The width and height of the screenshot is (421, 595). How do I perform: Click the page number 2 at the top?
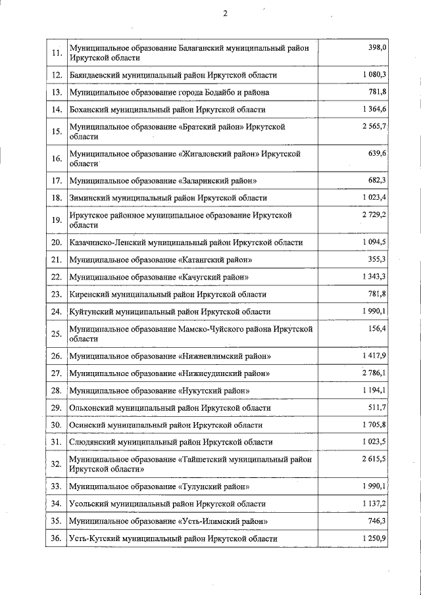click(x=224, y=13)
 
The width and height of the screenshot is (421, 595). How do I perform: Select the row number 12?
click(x=57, y=76)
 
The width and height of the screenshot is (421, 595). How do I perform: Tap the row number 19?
click(x=57, y=220)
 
